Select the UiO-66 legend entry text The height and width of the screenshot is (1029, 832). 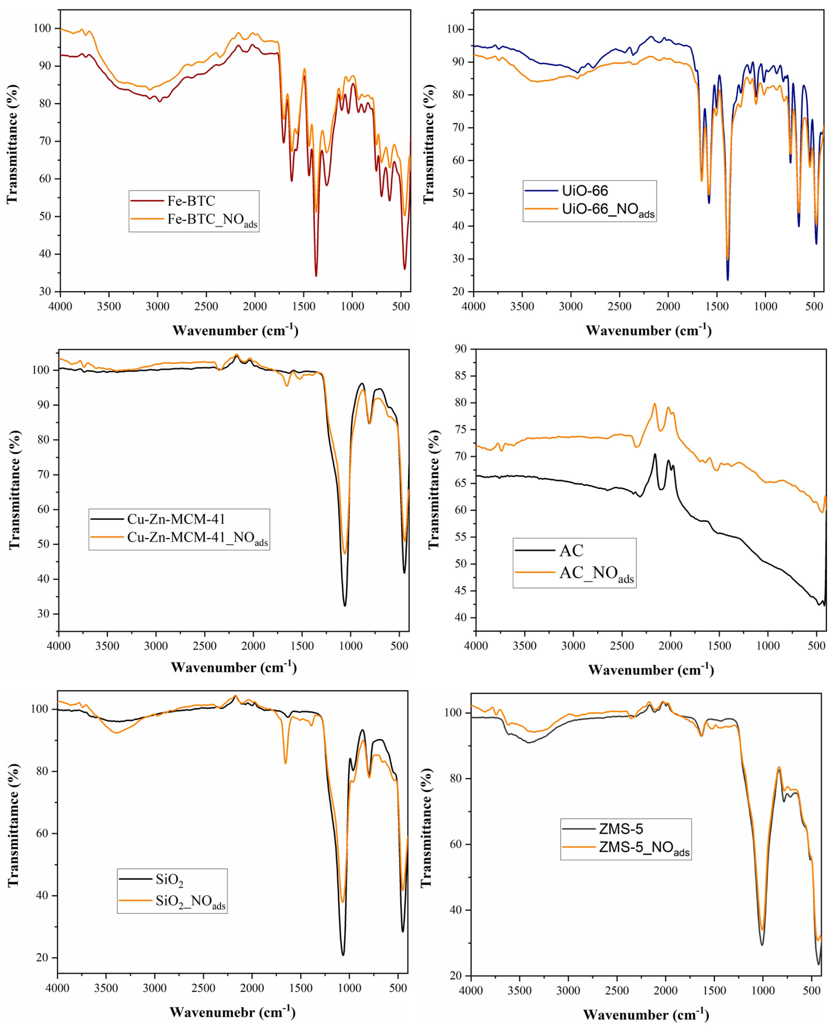(x=585, y=191)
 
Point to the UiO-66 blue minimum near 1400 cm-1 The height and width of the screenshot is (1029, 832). (x=728, y=280)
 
